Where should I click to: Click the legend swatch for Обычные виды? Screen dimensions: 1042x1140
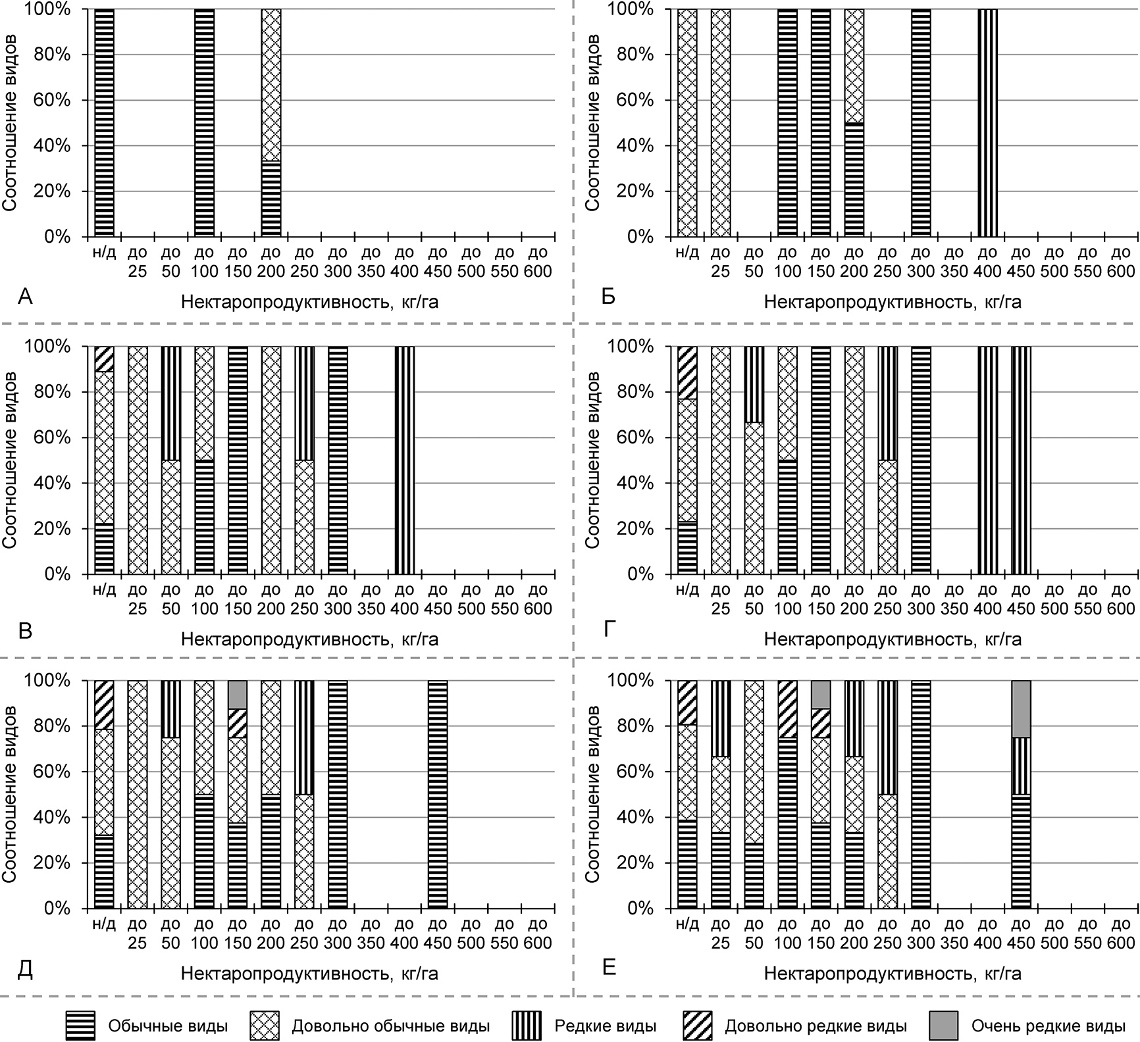tap(80, 1026)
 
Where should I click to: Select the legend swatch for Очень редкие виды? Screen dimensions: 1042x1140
tap(943, 1026)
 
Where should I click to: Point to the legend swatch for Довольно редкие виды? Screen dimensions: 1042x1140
tap(697, 1026)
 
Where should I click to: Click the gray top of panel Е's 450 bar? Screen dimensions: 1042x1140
tap(1021, 708)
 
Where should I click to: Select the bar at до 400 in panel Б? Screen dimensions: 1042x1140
tap(987, 123)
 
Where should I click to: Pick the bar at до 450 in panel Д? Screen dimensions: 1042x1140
tap(438, 794)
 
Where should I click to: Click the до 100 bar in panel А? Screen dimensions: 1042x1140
tap(204, 123)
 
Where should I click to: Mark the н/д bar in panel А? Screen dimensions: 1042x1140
tap(104, 123)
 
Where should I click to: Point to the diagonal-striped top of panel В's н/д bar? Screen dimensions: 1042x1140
tap(104, 359)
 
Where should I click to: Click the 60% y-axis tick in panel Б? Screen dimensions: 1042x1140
tap(638, 100)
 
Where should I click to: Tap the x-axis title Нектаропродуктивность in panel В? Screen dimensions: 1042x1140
tap(309, 639)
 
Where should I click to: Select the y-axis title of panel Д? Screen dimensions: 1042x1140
tap(10, 794)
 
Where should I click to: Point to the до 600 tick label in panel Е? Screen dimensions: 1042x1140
tap(1121, 933)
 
